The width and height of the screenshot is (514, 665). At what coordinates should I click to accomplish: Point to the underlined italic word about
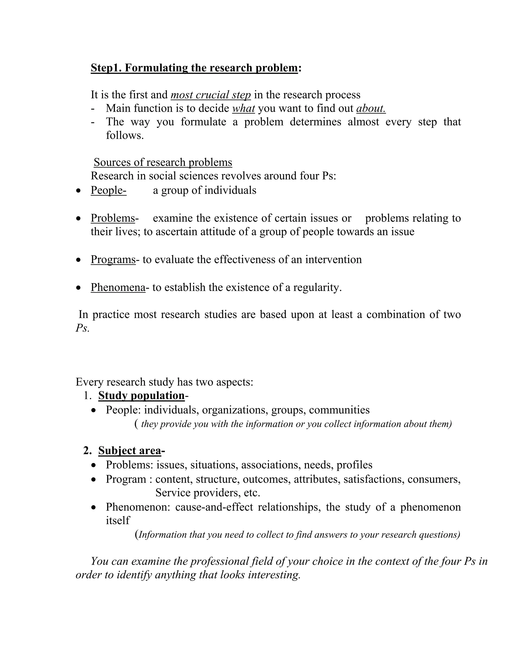coord(371,108)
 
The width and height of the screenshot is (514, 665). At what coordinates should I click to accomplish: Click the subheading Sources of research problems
coord(163,162)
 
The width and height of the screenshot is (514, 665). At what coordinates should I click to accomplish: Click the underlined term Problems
coord(113,218)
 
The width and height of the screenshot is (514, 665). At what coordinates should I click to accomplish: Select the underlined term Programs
coord(113,259)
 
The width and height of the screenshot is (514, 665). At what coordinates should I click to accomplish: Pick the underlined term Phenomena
coord(118,287)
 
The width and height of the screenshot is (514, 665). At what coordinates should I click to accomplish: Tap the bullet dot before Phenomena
coord(79,287)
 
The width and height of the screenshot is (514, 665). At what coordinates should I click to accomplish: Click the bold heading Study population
coord(141,395)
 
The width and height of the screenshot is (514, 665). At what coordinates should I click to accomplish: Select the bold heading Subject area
coord(130,451)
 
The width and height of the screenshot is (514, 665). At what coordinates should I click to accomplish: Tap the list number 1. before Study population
coord(87,395)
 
